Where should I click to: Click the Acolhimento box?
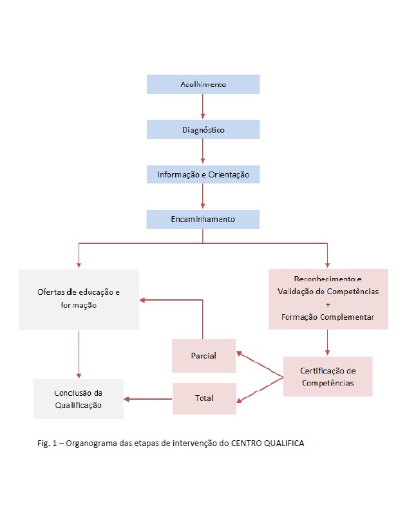click(x=203, y=84)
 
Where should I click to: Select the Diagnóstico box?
click(x=203, y=129)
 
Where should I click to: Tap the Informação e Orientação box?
click(x=203, y=174)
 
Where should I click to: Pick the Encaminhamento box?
click(x=203, y=219)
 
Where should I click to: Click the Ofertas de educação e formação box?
click(x=79, y=299)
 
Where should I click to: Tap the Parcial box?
click(x=203, y=356)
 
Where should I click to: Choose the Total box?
click(x=203, y=398)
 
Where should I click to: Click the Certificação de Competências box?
click(x=328, y=377)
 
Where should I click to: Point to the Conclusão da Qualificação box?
click(x=79, y=399)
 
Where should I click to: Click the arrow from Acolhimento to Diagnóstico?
click(x=203, y=107)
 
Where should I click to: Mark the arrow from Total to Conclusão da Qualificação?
click(x=148, y=399)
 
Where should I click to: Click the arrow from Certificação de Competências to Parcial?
click(x=260, y=364)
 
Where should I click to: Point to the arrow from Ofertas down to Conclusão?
click(x=79, y=354)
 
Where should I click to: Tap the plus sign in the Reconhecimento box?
click(x=328, y=304)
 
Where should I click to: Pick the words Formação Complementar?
click(x=328, y=317)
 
